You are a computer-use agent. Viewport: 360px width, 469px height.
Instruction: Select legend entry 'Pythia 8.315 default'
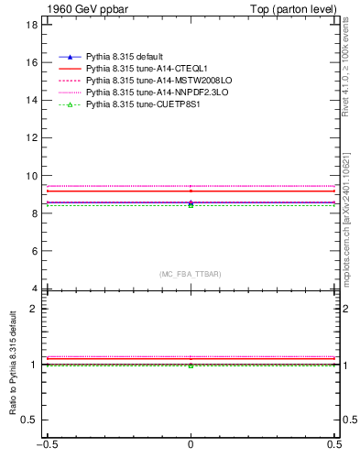pyautogui.click(x=125, y=57)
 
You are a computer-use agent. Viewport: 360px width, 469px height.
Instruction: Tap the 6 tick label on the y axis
pyautogui.click(x=34, y=250)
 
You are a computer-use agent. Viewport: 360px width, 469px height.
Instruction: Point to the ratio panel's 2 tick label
pyautogui.click(x=34, y=309)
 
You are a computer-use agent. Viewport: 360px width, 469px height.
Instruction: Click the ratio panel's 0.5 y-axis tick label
pyautogui.click(x=30, y=420)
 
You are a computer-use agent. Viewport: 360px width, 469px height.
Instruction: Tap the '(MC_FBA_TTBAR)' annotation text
pyautogui.click(x=190, y=274)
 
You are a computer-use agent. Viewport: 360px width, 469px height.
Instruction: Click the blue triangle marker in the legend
pyautogui.click(x=70, y=57)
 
